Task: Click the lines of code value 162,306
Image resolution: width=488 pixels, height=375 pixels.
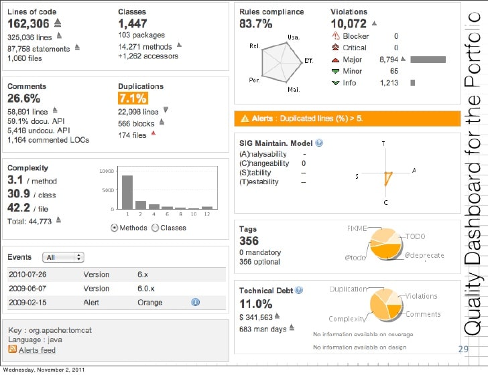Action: point(29,23)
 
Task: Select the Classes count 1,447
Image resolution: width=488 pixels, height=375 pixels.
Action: point(133,23)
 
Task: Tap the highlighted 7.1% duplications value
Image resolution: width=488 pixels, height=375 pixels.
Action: point(132,98)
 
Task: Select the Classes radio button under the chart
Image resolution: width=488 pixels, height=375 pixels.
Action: point(156,228)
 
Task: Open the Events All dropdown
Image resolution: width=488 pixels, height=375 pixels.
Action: point(62,257)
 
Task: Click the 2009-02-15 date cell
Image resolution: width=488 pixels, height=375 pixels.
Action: point(27,303)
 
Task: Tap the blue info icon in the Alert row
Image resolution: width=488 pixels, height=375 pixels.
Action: point(196,303)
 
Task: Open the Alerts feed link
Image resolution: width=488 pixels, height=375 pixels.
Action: point(37,350)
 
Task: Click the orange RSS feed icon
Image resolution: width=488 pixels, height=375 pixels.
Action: point(12,350)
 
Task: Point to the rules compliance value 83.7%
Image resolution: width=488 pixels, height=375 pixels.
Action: point(255,24)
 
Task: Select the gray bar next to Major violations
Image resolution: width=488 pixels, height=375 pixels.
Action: point(428,60)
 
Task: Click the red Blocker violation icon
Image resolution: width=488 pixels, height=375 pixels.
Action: point(335,36)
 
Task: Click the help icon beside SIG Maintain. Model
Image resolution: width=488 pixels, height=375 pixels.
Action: point(319,143)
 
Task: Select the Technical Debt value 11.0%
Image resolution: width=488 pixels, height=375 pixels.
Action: point(255,304)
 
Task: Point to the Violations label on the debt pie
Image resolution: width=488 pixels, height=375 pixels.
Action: point(421,296)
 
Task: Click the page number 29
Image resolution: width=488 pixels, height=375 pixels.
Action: point(463,349)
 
